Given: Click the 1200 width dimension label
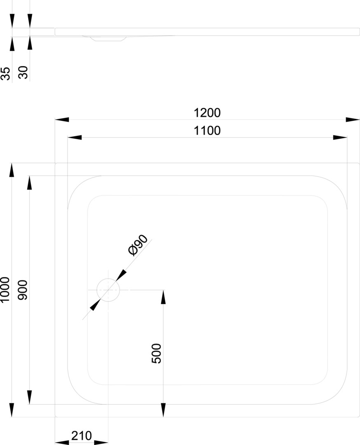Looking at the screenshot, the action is [207, 112].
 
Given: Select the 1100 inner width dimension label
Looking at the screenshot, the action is [207, 131].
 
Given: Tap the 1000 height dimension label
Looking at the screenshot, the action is [5, 290].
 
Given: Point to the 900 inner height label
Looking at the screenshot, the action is [23, 290].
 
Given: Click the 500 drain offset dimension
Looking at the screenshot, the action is [157, 354].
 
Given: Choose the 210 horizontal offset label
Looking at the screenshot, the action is [82, 436].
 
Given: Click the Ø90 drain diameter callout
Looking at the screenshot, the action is [138, 246].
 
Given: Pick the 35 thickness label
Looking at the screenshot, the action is [5, 73].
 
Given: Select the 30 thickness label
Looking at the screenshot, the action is [23, 73].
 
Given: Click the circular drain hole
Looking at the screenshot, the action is [108, 290].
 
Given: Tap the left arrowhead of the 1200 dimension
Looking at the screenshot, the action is [62, 119].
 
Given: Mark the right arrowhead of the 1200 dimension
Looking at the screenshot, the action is [353, 119].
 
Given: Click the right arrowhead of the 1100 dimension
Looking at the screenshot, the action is [340, 137].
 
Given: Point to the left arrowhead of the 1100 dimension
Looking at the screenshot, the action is [75, 137].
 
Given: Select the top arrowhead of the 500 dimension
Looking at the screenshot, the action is [163, 297].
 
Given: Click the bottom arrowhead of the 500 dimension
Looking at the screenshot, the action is [163, 410].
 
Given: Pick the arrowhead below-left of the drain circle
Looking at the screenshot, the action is [95, 305].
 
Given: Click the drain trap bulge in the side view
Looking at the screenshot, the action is [108, 38].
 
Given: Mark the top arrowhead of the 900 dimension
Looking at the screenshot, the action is [29, 183].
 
